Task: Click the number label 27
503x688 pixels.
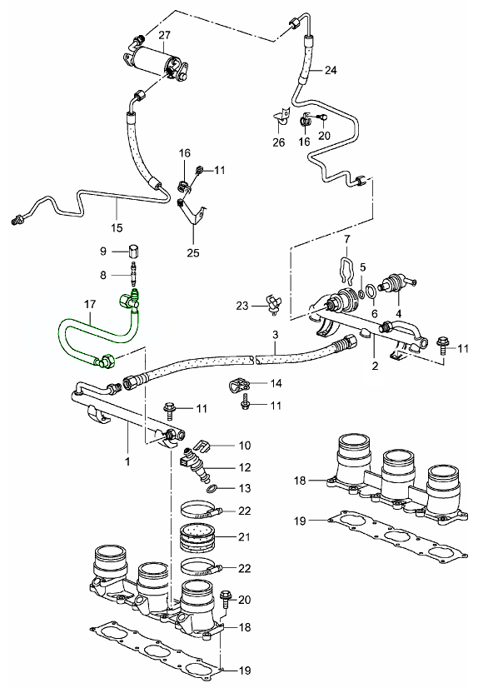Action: (164, 35)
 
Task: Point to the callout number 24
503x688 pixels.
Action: (330, 70)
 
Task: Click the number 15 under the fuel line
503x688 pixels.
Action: (117, 227)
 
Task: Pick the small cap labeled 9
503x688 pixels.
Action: (133, 251)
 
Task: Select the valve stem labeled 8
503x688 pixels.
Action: (133, 272)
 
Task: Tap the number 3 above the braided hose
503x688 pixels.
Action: (273, 335)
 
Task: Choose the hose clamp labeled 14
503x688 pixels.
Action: (240, 386)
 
